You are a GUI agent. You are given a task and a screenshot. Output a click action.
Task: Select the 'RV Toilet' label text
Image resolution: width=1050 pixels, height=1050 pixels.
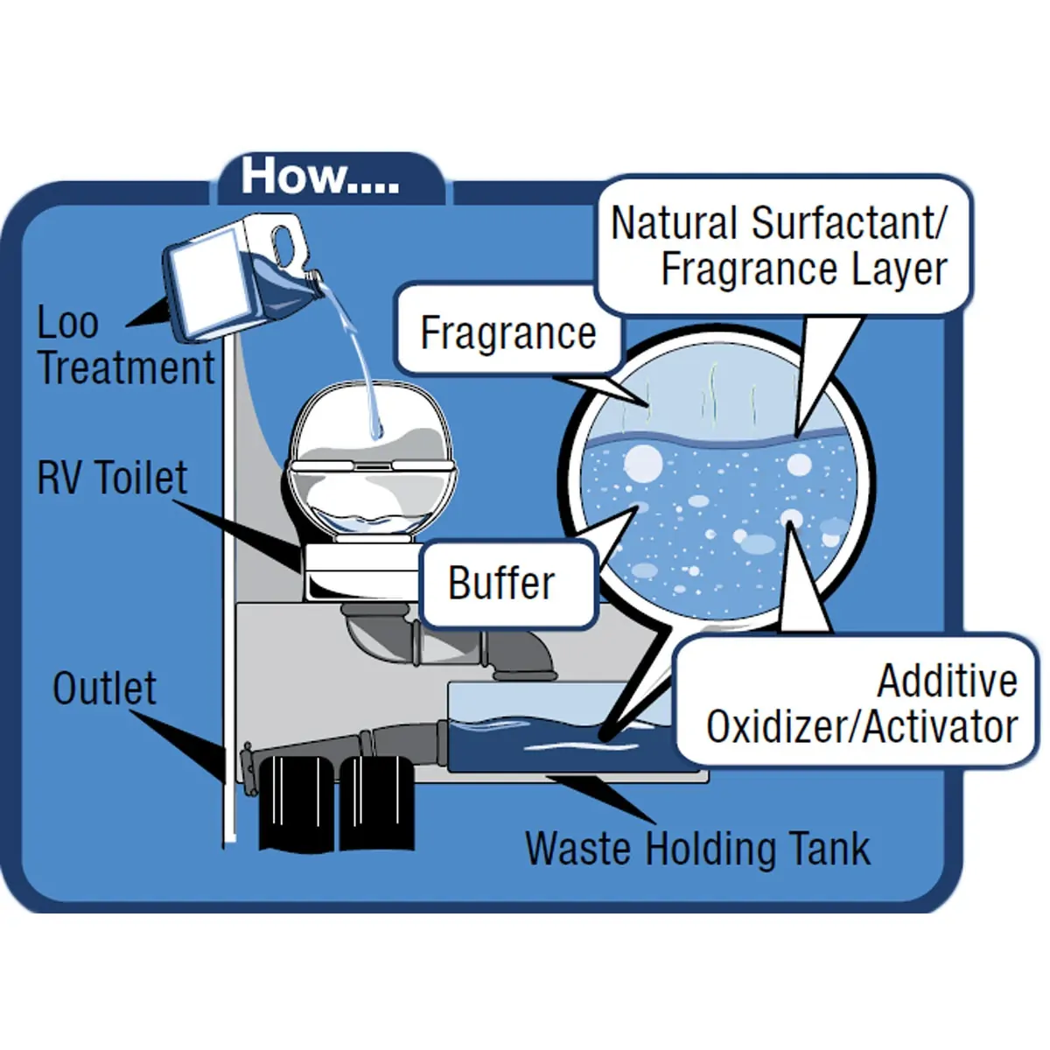tap(112, 478)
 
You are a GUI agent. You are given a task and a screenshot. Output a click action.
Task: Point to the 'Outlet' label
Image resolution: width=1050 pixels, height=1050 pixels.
tap(104, 689)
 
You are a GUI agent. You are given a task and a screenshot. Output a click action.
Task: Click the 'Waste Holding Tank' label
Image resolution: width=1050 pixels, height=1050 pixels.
tap(697, 849)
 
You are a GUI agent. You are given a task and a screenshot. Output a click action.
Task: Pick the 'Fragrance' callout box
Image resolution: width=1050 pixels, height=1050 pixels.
tap(507, 332)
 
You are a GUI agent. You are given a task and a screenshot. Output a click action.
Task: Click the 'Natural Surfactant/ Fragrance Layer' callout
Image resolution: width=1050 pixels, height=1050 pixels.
tap(780, 246)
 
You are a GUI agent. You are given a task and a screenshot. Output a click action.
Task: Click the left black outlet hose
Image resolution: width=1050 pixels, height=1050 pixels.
tap(296, 801)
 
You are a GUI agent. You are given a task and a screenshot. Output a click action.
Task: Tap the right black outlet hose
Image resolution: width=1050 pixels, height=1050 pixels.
tap(375, 801)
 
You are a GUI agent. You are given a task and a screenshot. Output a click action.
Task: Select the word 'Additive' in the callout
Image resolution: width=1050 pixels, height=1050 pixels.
tap(948, 682)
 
